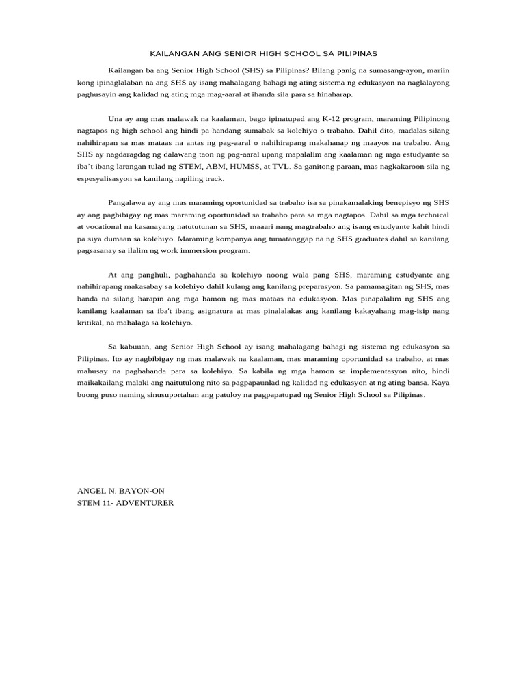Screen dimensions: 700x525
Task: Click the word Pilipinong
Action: [x=427, y=118]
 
